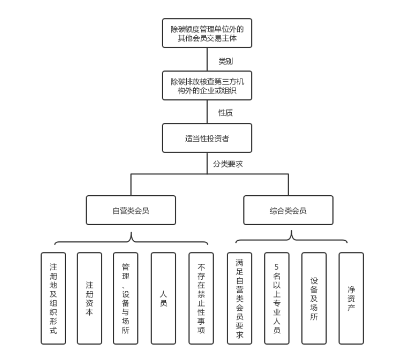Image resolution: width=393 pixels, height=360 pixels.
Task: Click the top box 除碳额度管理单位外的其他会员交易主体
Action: pyautogui.click(x=207, y=33)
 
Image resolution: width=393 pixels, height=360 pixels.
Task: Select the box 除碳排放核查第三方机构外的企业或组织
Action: pyautogui.click(x=207, y=86)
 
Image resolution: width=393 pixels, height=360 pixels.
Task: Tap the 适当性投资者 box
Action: pyautogui.click(x=207, y=139)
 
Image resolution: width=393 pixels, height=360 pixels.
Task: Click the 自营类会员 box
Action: pyautogui.click(x=131, y=210)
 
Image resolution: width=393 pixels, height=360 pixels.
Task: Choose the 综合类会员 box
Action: pyautogui.click(x=288, y=210)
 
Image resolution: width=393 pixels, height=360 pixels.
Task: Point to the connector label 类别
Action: pyautogui.click(x=226, y=61)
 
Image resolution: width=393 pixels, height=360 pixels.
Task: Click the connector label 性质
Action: pyautogui.click(x=226, y=113)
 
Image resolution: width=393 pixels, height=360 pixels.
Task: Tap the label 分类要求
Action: pyautogui.click(x=228, y=164)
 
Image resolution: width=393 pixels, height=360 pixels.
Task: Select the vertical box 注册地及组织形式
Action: pyautogui.click(x=54, y=298)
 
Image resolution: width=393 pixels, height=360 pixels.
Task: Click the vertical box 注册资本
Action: pyautogui.click(x=89, y=298)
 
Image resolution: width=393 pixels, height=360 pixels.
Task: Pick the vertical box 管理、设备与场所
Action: pyautogui.click(x=125, y=298)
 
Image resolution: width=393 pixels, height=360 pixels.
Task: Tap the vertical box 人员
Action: pyautogui.click(x=163, y=298)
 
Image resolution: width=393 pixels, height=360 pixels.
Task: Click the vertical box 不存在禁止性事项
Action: pyautogui.click(x=201, y=298)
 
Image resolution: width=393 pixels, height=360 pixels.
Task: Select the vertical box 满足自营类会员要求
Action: pyautogui.click(x=240, y=298)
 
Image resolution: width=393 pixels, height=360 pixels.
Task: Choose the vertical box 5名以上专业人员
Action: pyautogui.click(x=277, y=298)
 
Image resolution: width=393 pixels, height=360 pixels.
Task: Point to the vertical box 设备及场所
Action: pyautogui.click(x=314, y=298)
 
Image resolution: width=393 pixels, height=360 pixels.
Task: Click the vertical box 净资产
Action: pyautogui.click(x=351, y=298)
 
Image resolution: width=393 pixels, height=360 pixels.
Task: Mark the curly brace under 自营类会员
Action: pyautogui.click(x=131, y=240)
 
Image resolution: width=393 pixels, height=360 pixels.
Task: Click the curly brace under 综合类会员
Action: pyautogui.click(x=291, y=239)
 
